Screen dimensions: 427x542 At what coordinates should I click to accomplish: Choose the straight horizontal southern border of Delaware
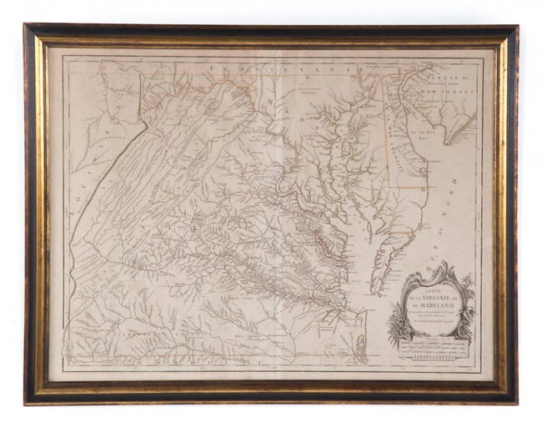409,187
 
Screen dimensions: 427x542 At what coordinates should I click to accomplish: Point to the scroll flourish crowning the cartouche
435,271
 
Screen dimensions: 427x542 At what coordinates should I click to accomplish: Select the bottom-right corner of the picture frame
514,401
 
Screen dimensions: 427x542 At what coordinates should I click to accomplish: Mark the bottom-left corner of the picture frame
28,401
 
